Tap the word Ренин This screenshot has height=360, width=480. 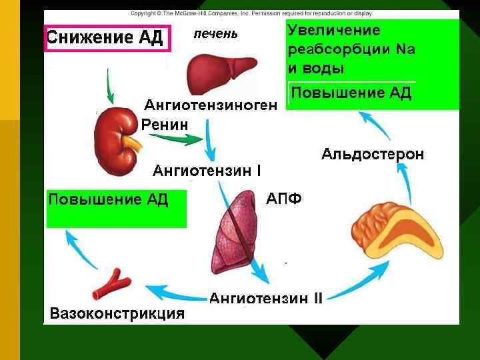coord(165,124)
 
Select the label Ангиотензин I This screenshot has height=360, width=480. coord(207,171)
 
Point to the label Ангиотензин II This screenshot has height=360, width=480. coord(266,298)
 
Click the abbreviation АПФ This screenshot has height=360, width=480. coord(284,199)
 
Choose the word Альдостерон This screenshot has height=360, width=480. coord(372,155)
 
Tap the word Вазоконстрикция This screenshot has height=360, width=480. coord(117,313)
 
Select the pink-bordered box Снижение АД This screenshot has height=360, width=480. coord(107,37)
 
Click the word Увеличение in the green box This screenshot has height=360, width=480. coord(333,31)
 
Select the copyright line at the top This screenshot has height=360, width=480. coord(251,13)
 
